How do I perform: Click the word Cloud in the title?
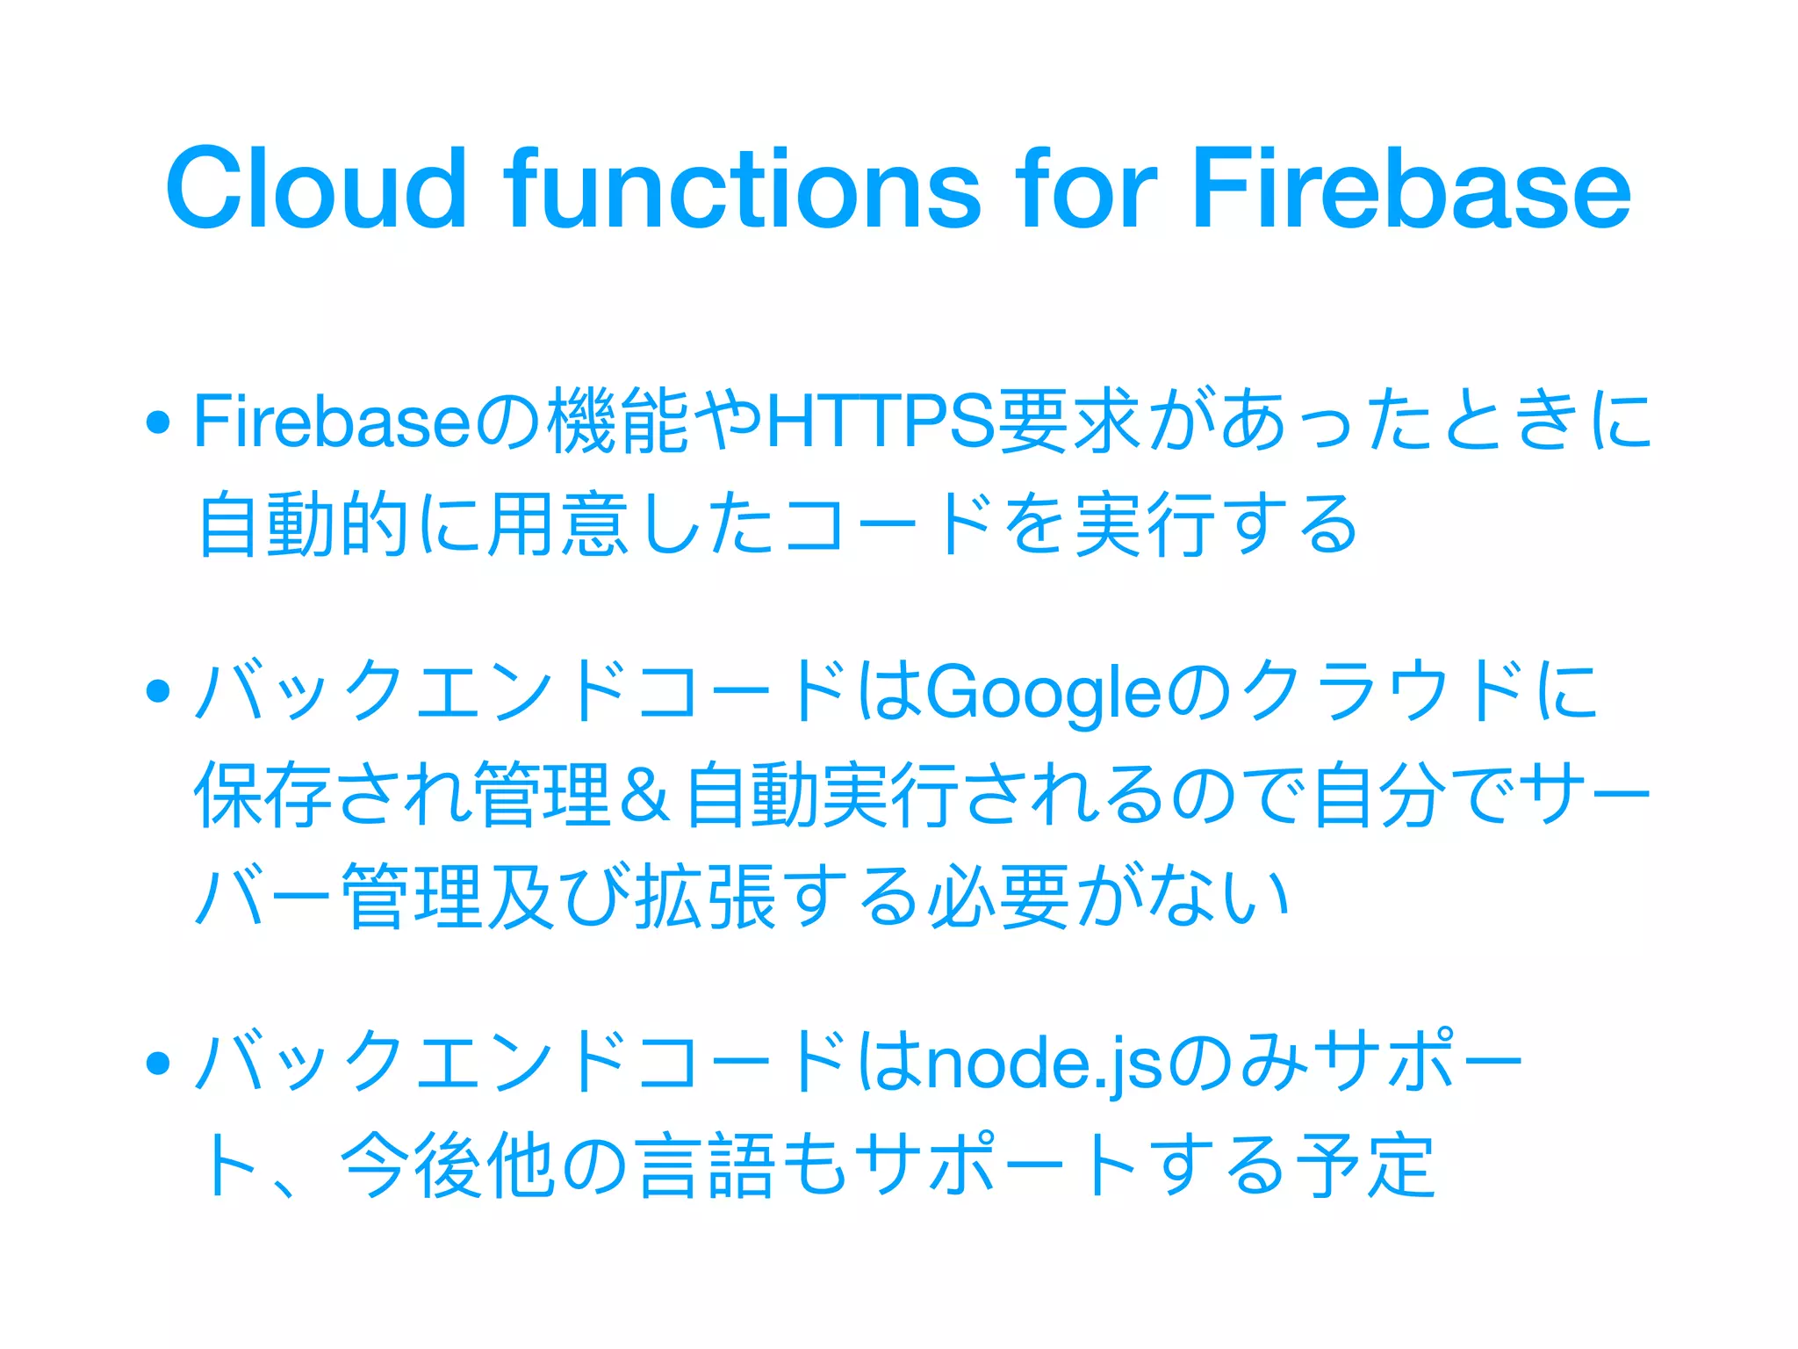point(316,188)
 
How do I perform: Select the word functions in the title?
point(742,188)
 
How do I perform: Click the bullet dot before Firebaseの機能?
point(158,422)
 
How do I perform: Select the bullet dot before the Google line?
point(158,691)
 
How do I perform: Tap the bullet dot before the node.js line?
point(158,1064)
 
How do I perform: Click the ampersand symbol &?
point(644,795)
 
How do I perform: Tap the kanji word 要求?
point(1071,421)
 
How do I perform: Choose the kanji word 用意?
point(558,524)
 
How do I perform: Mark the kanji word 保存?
point(263,795)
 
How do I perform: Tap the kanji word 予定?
point(1365,1165)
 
